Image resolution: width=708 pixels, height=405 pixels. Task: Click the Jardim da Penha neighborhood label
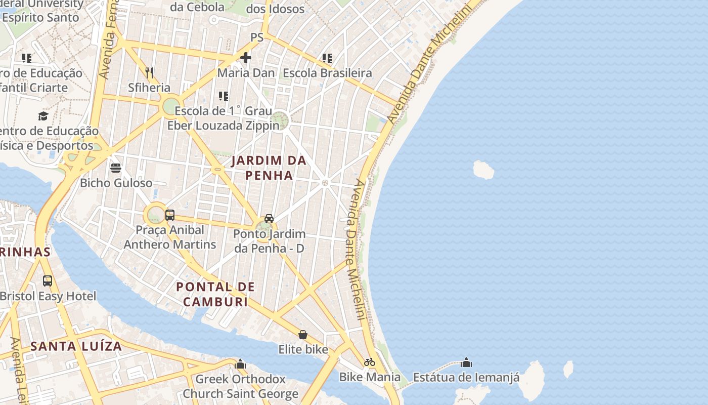(x=269, y=168)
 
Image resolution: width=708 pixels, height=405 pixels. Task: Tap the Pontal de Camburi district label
(x=215, y=294)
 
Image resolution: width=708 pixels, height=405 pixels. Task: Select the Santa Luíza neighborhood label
(x=76, y=346)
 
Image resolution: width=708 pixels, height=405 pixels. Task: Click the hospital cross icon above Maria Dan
(x=246, y=58)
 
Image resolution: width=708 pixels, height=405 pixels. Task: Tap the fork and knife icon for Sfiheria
(x=149, y=72)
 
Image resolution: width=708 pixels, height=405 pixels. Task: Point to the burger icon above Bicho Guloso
(x=116, y=168)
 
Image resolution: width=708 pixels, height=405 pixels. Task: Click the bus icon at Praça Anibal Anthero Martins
(x=170, y=215)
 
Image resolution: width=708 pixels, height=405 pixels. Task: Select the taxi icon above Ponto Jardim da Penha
(x=269, y=219)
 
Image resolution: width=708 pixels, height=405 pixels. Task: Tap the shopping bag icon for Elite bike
(x=303, y=335)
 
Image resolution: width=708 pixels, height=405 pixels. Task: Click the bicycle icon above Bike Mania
(x=370, y=362)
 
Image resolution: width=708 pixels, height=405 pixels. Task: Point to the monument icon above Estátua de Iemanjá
(x=466, y=362)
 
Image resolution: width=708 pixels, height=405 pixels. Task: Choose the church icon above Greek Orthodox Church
(x=240, y=364)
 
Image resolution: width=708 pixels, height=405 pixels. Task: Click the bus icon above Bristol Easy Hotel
(x=48, y=280)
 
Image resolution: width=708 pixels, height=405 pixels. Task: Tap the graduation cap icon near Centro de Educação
(x=43, y=116)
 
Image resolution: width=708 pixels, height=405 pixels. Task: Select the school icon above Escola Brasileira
(x=327, y=58)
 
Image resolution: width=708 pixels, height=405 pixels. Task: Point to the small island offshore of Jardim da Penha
(x=483, y=170)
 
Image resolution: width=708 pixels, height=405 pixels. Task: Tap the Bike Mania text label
(x=370, y=377)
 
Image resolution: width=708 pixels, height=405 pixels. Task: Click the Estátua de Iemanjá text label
(x=466, y=378)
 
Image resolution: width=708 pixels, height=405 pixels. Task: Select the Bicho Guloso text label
(x=116, y=183)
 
